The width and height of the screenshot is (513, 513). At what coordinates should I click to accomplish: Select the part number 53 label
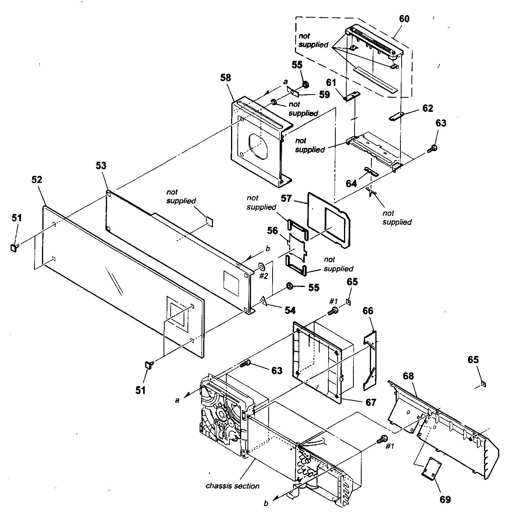click(101, 166)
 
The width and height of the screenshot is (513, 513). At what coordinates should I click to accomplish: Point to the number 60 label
click(404, 18)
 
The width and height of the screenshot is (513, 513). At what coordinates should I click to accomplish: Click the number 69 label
click(445, 499)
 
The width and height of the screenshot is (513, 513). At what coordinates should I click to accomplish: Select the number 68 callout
click(408, 376)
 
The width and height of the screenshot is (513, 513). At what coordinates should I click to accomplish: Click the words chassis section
click(233, 486)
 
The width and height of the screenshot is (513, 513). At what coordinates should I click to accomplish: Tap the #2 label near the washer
click(264, 276)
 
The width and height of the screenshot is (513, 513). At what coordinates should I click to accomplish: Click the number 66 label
click(367, 311)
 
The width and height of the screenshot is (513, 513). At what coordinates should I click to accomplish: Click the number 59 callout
click(324, 95)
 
